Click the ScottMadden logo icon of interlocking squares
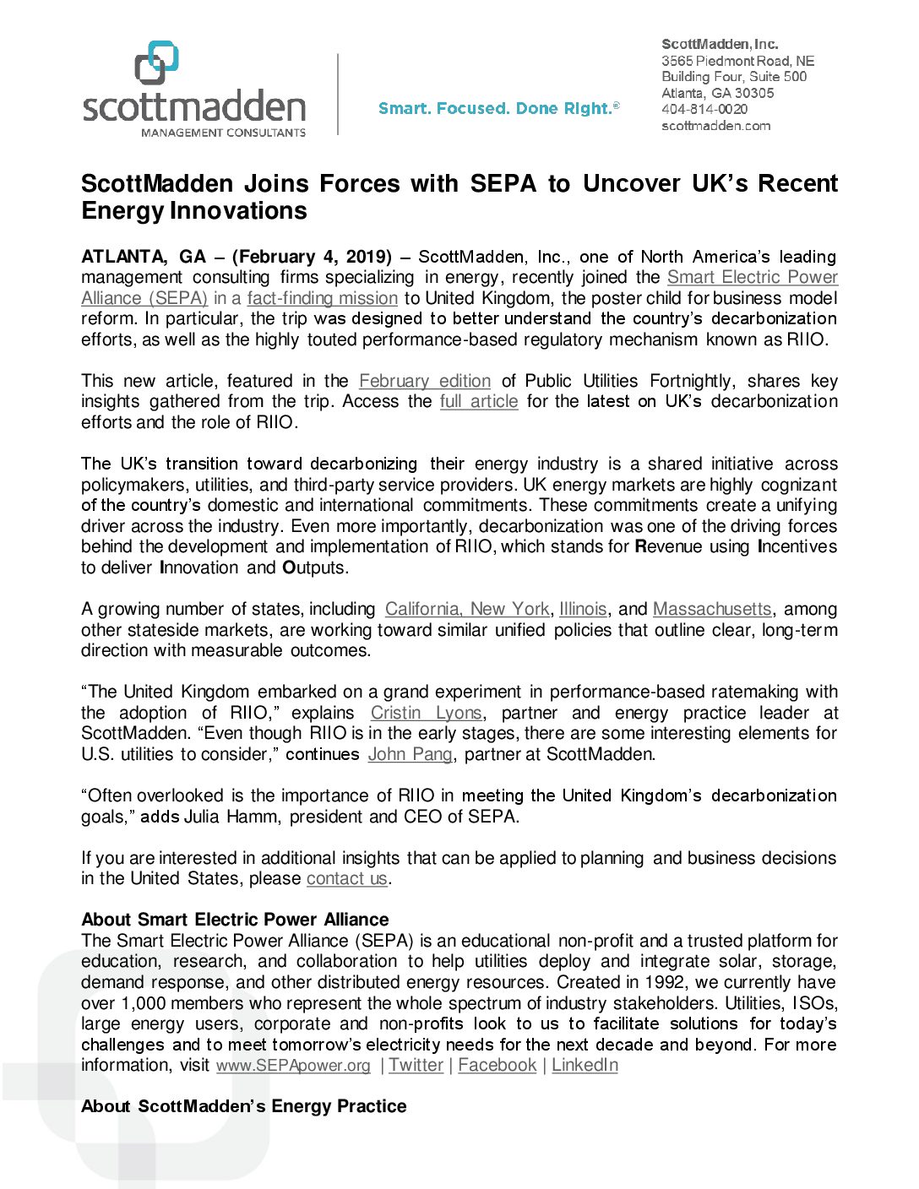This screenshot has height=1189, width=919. point(156,62)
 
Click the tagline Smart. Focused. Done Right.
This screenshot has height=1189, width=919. point(498,108)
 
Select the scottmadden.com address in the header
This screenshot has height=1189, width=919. point(715,126)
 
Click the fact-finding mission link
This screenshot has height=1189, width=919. point(322,298)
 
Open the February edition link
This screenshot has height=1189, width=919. point(424,381)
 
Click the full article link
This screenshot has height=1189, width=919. point(479,401)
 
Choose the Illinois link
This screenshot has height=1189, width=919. point(583,609)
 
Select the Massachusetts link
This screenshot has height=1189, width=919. point(712,609)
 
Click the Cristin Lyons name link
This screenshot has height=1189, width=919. point(426,713)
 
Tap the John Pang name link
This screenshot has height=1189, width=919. point(410,754)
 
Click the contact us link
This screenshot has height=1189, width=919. point(346,878)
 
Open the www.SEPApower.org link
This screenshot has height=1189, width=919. point(293,1066)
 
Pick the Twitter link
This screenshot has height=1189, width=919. point(416,1066)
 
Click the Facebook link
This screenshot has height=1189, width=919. point(497,1066)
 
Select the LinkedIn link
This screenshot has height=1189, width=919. point(585,1066)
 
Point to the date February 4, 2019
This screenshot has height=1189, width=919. point(312,257)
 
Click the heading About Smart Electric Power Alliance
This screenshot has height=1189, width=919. point(235,920)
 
